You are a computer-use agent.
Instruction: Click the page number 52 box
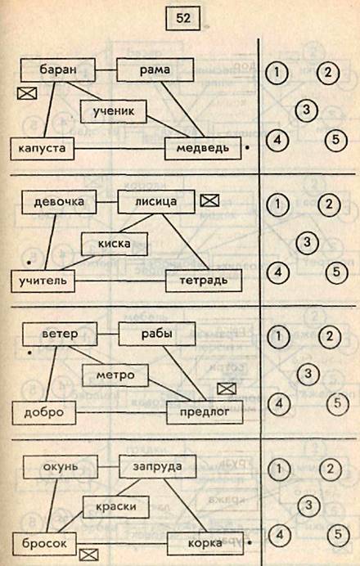click(182, 18)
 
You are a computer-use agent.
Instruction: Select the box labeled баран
click(58, 70)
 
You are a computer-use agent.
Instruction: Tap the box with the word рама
click(155, 70)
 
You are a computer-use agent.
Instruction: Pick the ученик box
click(114, 111)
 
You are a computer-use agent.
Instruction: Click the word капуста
click(42, 148)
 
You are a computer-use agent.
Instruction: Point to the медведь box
click(203, 148)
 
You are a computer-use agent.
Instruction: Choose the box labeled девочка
click(59, 202)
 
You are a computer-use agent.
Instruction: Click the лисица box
click(156, 202)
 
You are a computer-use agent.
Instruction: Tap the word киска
click(114, 244)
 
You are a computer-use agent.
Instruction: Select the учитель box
click(43, 281)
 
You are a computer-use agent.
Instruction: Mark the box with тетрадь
click(204, 280)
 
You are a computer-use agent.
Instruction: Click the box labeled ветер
click(60, 334)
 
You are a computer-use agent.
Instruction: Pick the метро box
click(115, 375)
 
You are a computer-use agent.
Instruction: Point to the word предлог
click(205, 412)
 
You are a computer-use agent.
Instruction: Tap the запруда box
click(157, 466)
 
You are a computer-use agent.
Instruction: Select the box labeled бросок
click(44, 544)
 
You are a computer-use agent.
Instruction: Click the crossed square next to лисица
click(209, 200)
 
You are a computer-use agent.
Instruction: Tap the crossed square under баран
click(27, 93)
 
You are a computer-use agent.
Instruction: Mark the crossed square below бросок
click(89, 555)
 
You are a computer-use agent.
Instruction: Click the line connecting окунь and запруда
click(108, 467)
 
